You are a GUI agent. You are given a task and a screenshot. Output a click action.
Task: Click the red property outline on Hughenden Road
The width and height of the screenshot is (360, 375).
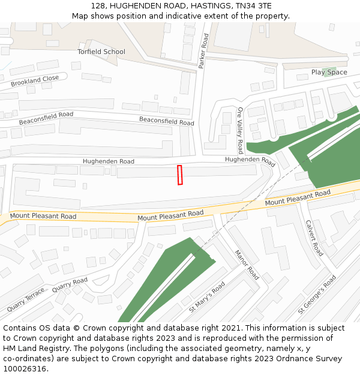coord(179,175)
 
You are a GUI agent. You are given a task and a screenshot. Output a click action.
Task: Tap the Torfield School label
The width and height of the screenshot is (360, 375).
coord(101,52)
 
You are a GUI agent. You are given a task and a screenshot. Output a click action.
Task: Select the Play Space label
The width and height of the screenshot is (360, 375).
coord(329,73)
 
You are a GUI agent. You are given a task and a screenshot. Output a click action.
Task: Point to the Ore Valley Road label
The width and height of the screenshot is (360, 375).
coord(240,130)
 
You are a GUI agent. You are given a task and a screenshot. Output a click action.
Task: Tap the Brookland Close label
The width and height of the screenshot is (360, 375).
coord(35,81)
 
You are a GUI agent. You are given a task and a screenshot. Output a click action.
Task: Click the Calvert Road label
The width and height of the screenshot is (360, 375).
coord(315,238)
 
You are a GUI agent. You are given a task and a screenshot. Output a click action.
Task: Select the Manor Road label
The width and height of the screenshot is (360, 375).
coord(247,265)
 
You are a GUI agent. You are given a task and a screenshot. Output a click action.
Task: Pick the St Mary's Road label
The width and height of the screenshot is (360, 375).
coord(207,296)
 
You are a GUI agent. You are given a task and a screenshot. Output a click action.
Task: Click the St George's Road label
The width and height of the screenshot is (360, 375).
coord(317,295)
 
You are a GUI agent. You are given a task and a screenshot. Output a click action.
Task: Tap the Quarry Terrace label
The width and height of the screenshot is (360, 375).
coord(26,301)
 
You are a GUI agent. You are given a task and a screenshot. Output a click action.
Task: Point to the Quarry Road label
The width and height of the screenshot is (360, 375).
coord(70,284)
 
